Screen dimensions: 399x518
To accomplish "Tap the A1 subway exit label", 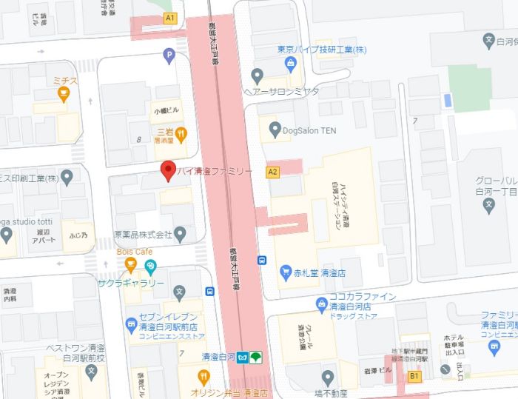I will (171, 17).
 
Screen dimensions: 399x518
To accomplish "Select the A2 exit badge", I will (273, 172).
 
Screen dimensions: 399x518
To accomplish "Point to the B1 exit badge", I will (414, 377).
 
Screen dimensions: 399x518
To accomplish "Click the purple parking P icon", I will (169, 54).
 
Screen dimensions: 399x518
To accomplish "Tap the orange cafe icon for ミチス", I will (64, 93).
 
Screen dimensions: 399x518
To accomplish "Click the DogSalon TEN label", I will (309, 128).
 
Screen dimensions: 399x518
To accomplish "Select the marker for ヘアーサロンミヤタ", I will (257, 75).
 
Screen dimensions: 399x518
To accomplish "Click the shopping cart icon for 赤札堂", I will (286, 272).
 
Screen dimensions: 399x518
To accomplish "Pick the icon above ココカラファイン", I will (321, 301).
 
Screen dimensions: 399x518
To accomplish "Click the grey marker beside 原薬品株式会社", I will (180, 234).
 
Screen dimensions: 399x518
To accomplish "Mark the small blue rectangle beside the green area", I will (446, 100).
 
